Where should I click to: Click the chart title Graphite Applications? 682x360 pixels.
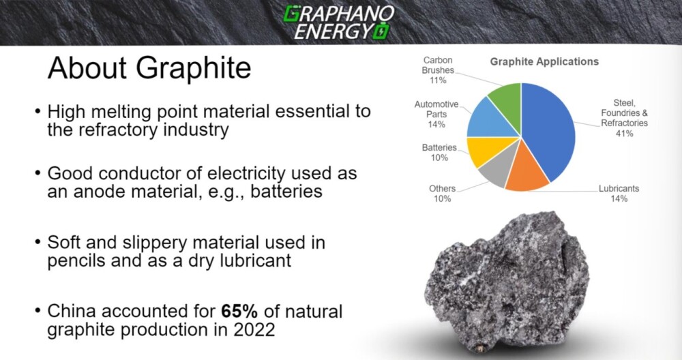pyautogui.click(x=544, y=62)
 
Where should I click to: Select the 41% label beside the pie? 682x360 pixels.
pyautogui.click(x=624, y=134)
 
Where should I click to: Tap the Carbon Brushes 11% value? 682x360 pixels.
pyautogui.click(x=438, y=80)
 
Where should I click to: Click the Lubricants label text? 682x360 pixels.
pyautogui.click(x=619, y=189)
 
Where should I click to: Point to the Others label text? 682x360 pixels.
pyautogui.click(x=443, y=189)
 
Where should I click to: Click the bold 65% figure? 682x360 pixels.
pyautogui.click(x=239, y=312)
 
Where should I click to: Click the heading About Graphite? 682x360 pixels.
pyautogui.click(x=149, y=67)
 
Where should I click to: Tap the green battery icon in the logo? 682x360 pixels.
pyautogui.click(x=383, y=32)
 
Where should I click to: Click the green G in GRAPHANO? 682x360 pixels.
pyautogui.click(x=291, y=14)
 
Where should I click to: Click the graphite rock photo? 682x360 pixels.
pyautogui.click(x=508, y=282)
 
